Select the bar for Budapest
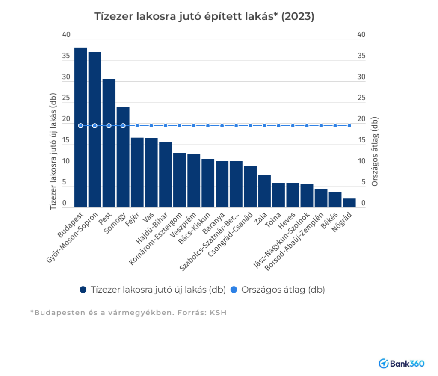(x=80, y=128)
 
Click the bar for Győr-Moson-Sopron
(x=95, y=130)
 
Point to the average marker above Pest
(x=109, y=126)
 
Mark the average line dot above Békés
(x=335, y=126)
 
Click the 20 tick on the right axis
(x=361, y=119)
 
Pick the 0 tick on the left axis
(x=65, y=204)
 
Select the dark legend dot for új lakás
(x=83, y=290)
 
